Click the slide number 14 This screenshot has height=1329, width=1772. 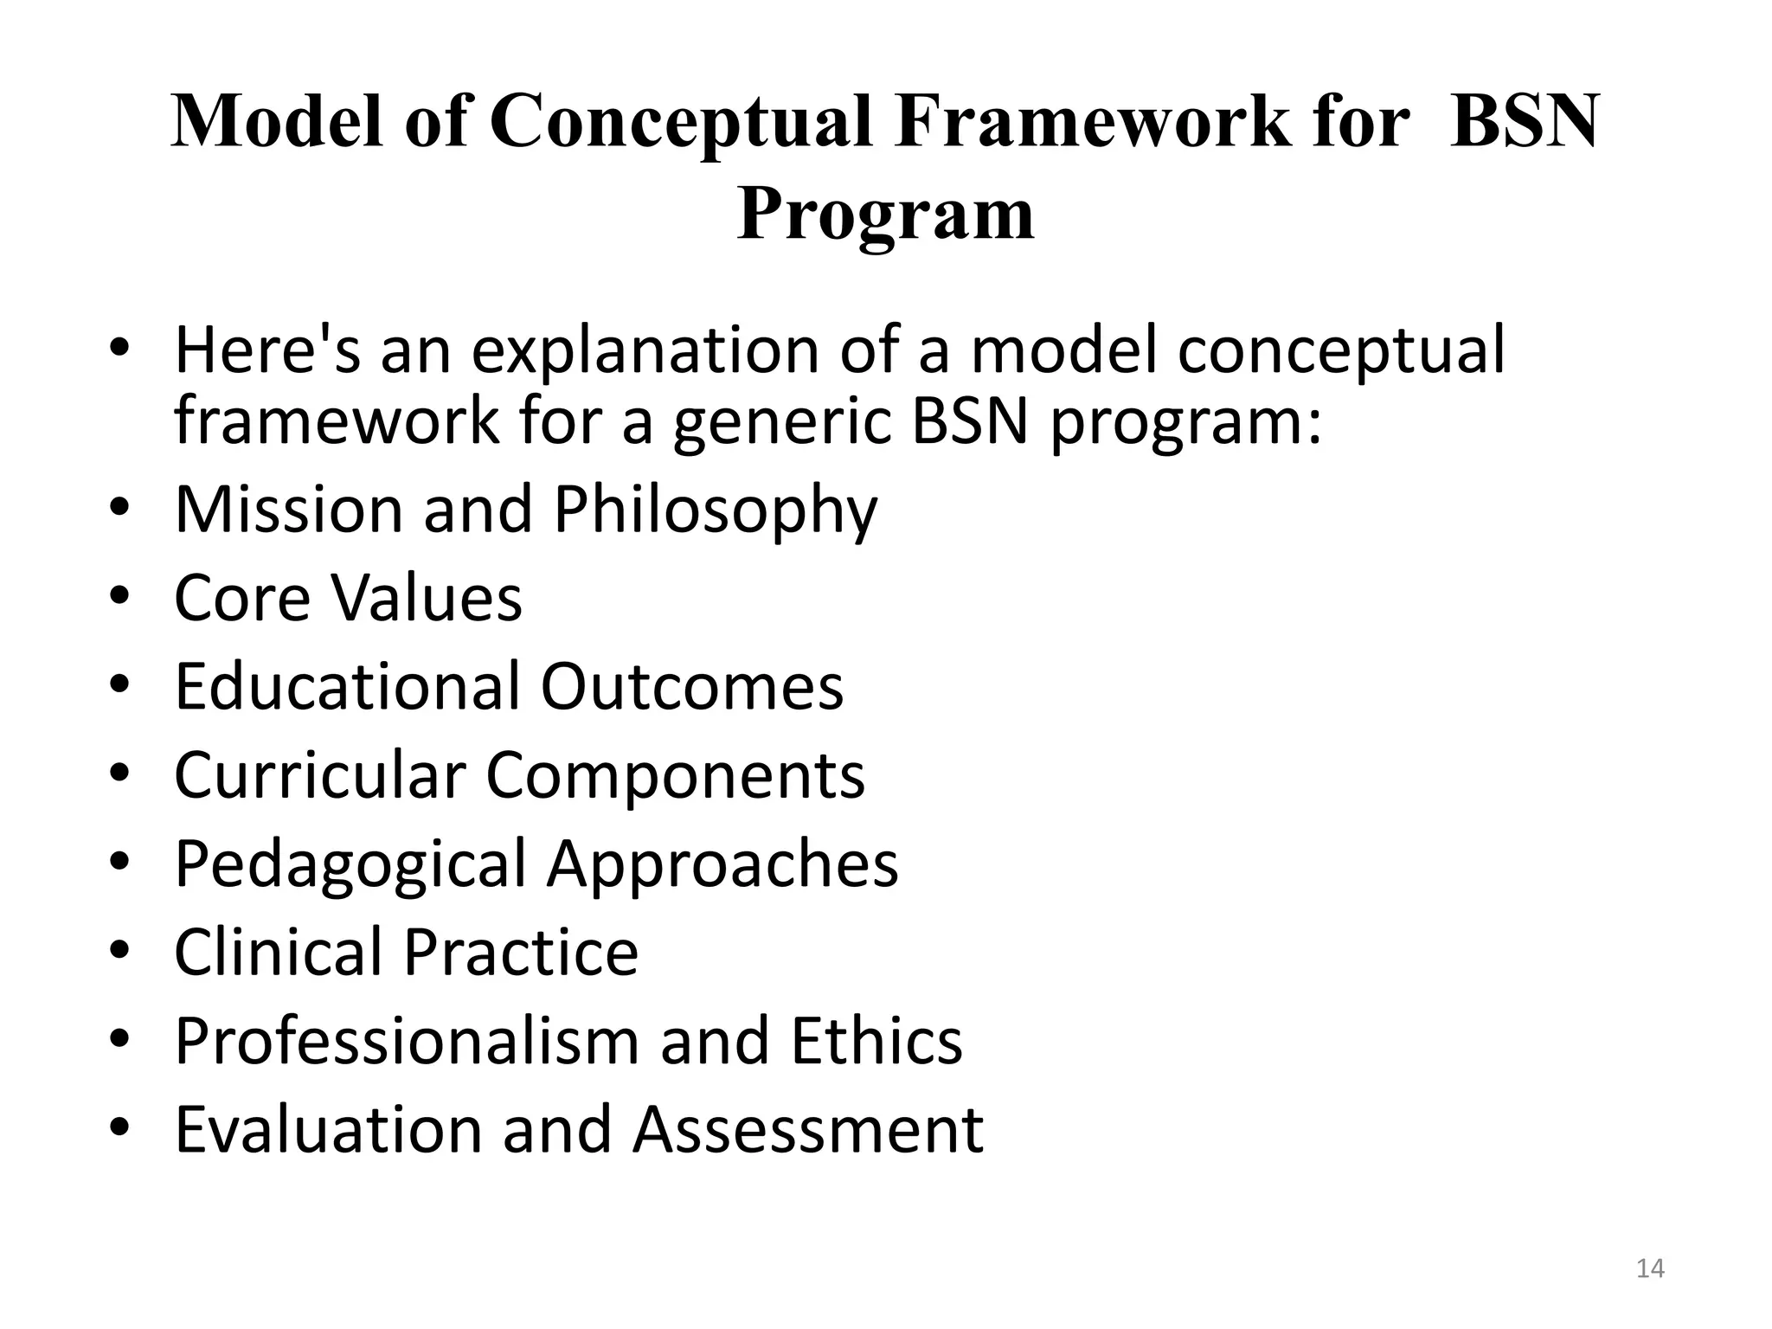tap(1650, 1268)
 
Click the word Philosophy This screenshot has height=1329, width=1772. tap(716, 511)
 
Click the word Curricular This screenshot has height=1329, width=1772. tap(320, 774)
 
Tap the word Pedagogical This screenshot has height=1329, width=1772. tap(350, 864)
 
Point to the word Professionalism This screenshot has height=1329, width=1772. tap(407, 1040)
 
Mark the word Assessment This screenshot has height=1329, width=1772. tap(808, 1129)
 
